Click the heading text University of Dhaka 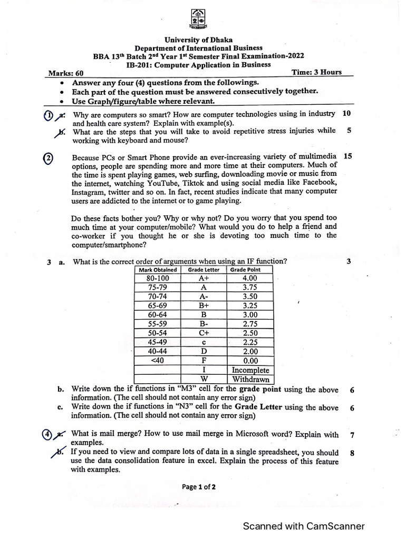pyautogui.click(x=198, y=40)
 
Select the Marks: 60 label pyautogui.click(x=66, y=74)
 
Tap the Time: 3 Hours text pyautogui.click(x=316, y=73)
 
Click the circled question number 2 pyautogui.click(x=48, y=158)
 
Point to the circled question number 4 pyautogui.click(x=47, y=434)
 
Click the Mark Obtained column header pyautogui.click(x=158, y=270)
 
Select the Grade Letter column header pyautogui.click(x=204, y=270)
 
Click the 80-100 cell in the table pyautogui.click(x=158, y=278)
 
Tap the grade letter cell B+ pyautogui.click(x=204, y=305)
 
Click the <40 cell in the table pyautogui.click(x=158, y=361)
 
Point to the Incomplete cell pyautogui.click(x=250, y=370)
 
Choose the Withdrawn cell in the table pyautogui.click(x=250, y=379)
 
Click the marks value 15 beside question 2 pyautogui.click(x=348, y=156)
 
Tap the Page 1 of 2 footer pyautogui.click(x=199, y=487)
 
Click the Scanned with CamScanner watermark pyautogui.click(x=303, y=526)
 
